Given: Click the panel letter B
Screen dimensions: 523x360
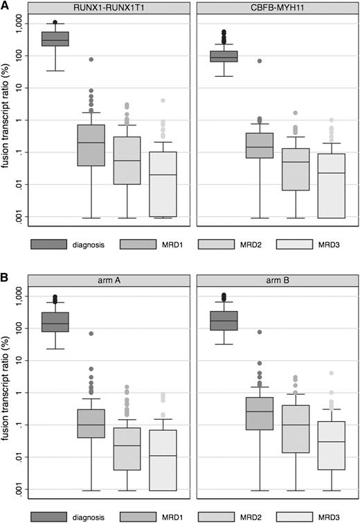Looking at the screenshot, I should (x=6, y=276).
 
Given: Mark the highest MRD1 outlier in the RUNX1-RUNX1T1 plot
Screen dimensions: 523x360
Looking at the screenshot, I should (x=91, y=60).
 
